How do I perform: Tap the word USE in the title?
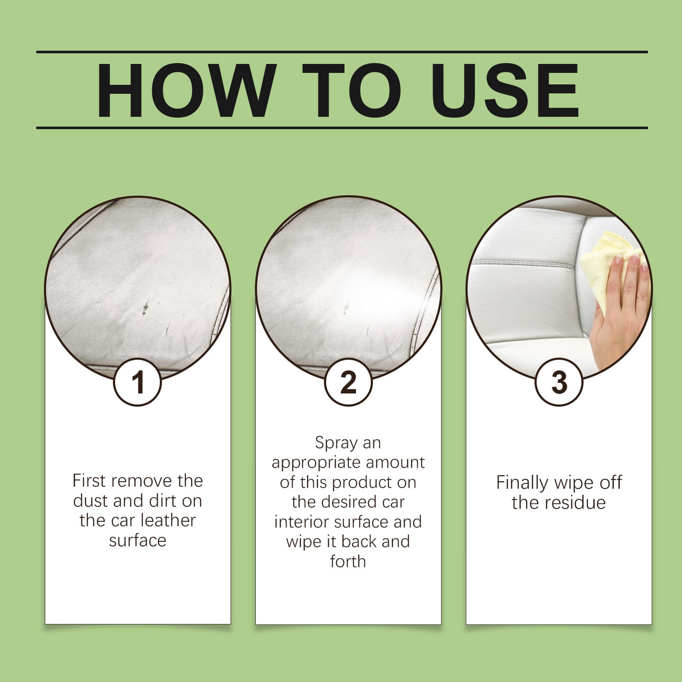[x=505, y=90]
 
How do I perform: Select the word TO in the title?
[x=351, y=90]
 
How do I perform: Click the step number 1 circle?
[x=137, y=382]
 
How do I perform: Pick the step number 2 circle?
[x=348, y=382]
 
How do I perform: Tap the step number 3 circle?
[x=559, y=382]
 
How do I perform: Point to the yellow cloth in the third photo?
[x=602, y=264]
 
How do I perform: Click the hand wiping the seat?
[x=621, y=312]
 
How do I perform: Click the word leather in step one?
[x=168, y=521]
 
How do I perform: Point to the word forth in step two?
[x=348, y=562]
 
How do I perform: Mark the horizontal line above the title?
[x=342, y=52]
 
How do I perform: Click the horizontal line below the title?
[x=342, y=127]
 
